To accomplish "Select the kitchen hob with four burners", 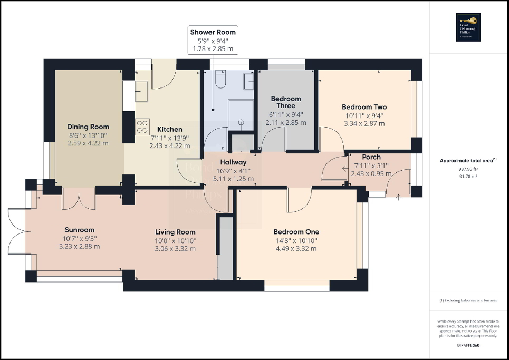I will (x=142, y=126).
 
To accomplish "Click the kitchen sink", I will (x=142, y=94).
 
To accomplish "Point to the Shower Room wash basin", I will (x=248, y=81).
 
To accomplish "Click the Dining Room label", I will (x=88, y=127).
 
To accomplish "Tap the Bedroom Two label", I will (x=364, y=107).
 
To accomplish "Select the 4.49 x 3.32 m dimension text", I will (x=296, y=248).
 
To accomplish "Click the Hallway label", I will (x=233, y=162).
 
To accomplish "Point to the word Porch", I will (x=371, y=157).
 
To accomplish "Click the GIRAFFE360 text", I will (x=468, y=345).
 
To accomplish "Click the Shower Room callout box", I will (x=214, y=40).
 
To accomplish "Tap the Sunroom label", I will (x=80, y=230).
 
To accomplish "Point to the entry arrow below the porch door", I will (x=399, y=197).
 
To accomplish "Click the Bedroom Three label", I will (x=286, y=102).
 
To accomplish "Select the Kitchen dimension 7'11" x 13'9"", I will (x=170, y=138).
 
